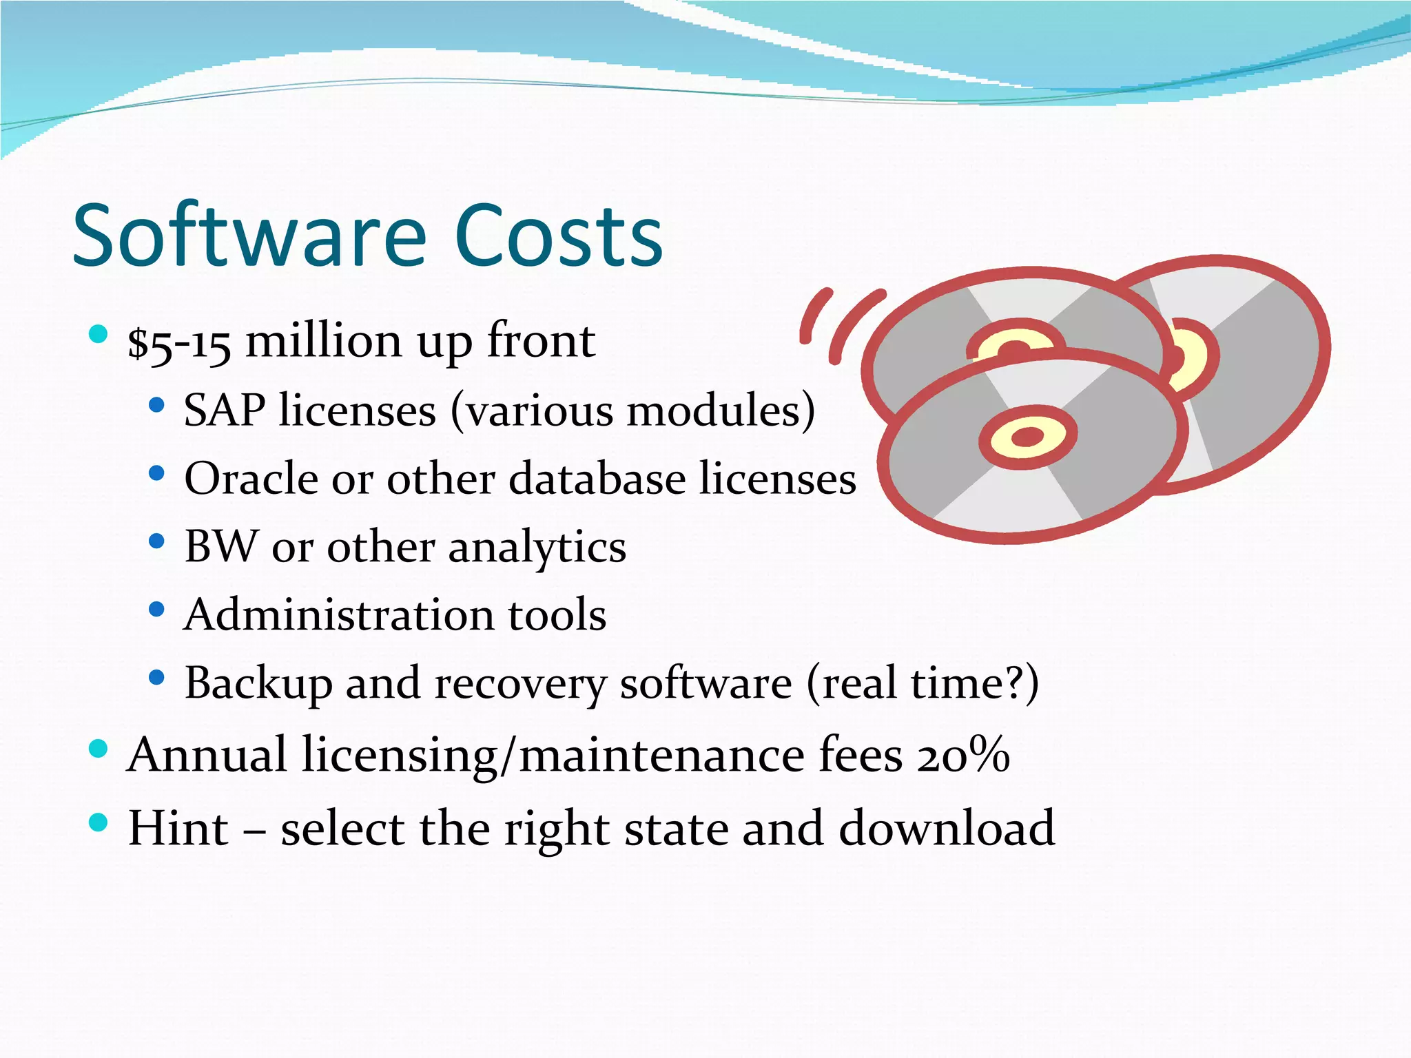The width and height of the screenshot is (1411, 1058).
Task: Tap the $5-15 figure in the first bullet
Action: tap(179, 342)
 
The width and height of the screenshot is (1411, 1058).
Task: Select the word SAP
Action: tap(224, 411)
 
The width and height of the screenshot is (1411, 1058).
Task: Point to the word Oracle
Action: tap(253, 479)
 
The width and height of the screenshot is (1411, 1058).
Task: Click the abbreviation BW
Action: tap(220, 547)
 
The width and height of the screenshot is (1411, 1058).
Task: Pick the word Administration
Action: tap(338, 614)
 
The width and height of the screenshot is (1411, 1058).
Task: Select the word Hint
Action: tap(178, 828)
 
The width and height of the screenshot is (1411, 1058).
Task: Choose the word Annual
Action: tap(207, 755)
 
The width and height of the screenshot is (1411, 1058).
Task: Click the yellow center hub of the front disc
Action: tap(1027, 437)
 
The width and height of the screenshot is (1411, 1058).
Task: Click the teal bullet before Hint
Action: tap(99, 822)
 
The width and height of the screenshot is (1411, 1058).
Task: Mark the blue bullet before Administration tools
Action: tap(156, 610)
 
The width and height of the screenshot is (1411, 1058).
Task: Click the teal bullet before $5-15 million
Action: tap(99, 335)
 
